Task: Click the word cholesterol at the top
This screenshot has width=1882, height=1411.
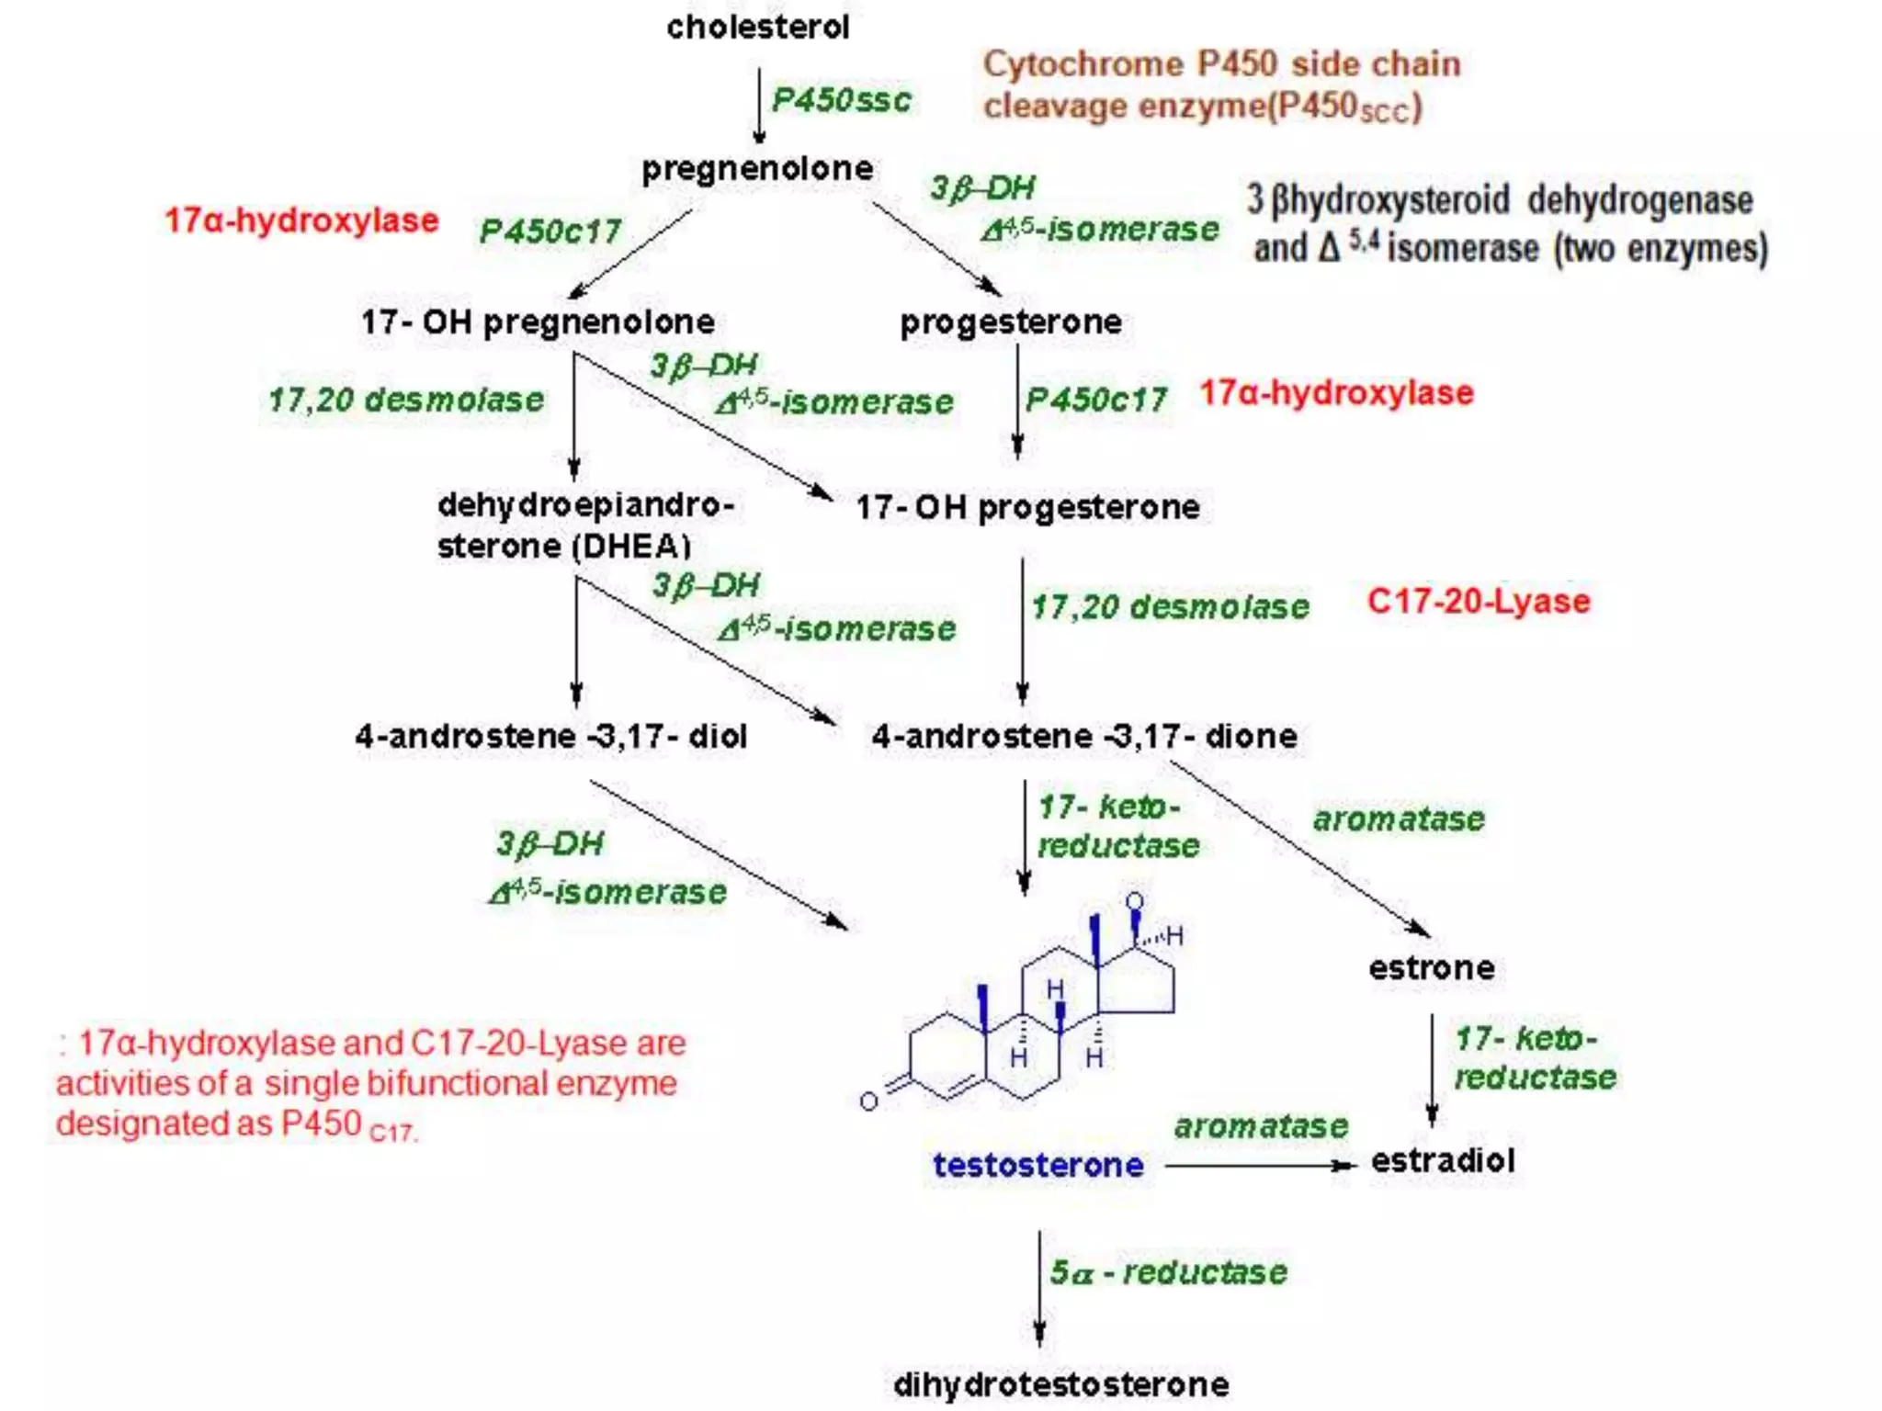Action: coord(757,28)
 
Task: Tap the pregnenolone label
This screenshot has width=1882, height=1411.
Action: coord(757,168)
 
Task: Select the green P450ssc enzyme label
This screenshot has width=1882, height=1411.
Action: coord(841,99)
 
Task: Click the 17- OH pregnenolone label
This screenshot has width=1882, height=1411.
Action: coord(538,322)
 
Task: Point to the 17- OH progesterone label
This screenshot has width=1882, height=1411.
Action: coord(1027,507)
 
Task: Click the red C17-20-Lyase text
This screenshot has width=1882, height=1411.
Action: coord(1478,601)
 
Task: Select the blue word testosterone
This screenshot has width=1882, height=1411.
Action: coord(1038,1165)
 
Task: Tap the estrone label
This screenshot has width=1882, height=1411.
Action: coord(1431,967)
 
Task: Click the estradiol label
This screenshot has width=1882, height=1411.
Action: coord(1442,1160)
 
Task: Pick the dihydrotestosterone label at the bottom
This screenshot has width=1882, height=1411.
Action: coord(1060,1384)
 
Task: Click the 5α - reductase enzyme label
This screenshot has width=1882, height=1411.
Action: coord(1168,1272)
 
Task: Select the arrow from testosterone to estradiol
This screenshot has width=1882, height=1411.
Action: coord(1259,1166)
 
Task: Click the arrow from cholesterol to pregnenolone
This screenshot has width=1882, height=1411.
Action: coord(758,106)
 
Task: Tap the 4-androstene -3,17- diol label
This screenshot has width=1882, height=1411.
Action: coord(550,736)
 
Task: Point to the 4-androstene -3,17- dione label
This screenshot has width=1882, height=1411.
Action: coord(1084,736)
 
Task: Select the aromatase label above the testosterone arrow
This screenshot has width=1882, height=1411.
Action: coord(1261,1126)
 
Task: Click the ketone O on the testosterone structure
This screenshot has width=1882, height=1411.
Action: coord(868,1101)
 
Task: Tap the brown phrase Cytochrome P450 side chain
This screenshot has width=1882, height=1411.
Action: coord(1221,63)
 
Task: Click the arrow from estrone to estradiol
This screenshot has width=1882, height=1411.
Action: coord(1431,1070)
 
